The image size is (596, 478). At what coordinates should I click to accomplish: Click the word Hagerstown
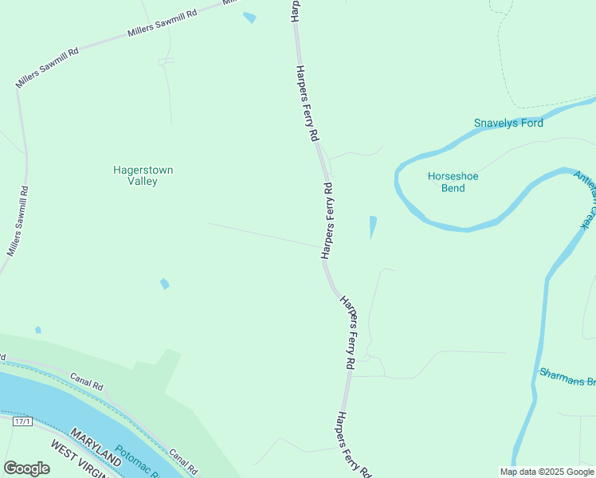coord(143,170)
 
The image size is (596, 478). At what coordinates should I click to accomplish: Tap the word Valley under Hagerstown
coord(143,182)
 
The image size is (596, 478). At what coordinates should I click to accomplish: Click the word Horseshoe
coord(453,176)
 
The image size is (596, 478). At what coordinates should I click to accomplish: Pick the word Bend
coord(453,188)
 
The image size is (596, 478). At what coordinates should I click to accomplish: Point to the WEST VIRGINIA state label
coord(80,460)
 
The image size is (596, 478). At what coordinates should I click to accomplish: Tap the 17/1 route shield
coord(23,421)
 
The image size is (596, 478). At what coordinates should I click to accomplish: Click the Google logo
coord(26,468)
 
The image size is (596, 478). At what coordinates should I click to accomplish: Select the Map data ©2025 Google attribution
coord(546,472)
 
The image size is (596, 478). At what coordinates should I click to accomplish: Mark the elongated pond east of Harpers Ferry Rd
coord(372,227)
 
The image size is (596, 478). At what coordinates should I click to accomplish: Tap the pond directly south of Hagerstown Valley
coord(165,284)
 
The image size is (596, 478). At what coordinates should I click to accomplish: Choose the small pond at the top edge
coord(250,18)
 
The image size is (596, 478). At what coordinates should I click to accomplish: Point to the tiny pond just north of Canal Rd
coord(38,330)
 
